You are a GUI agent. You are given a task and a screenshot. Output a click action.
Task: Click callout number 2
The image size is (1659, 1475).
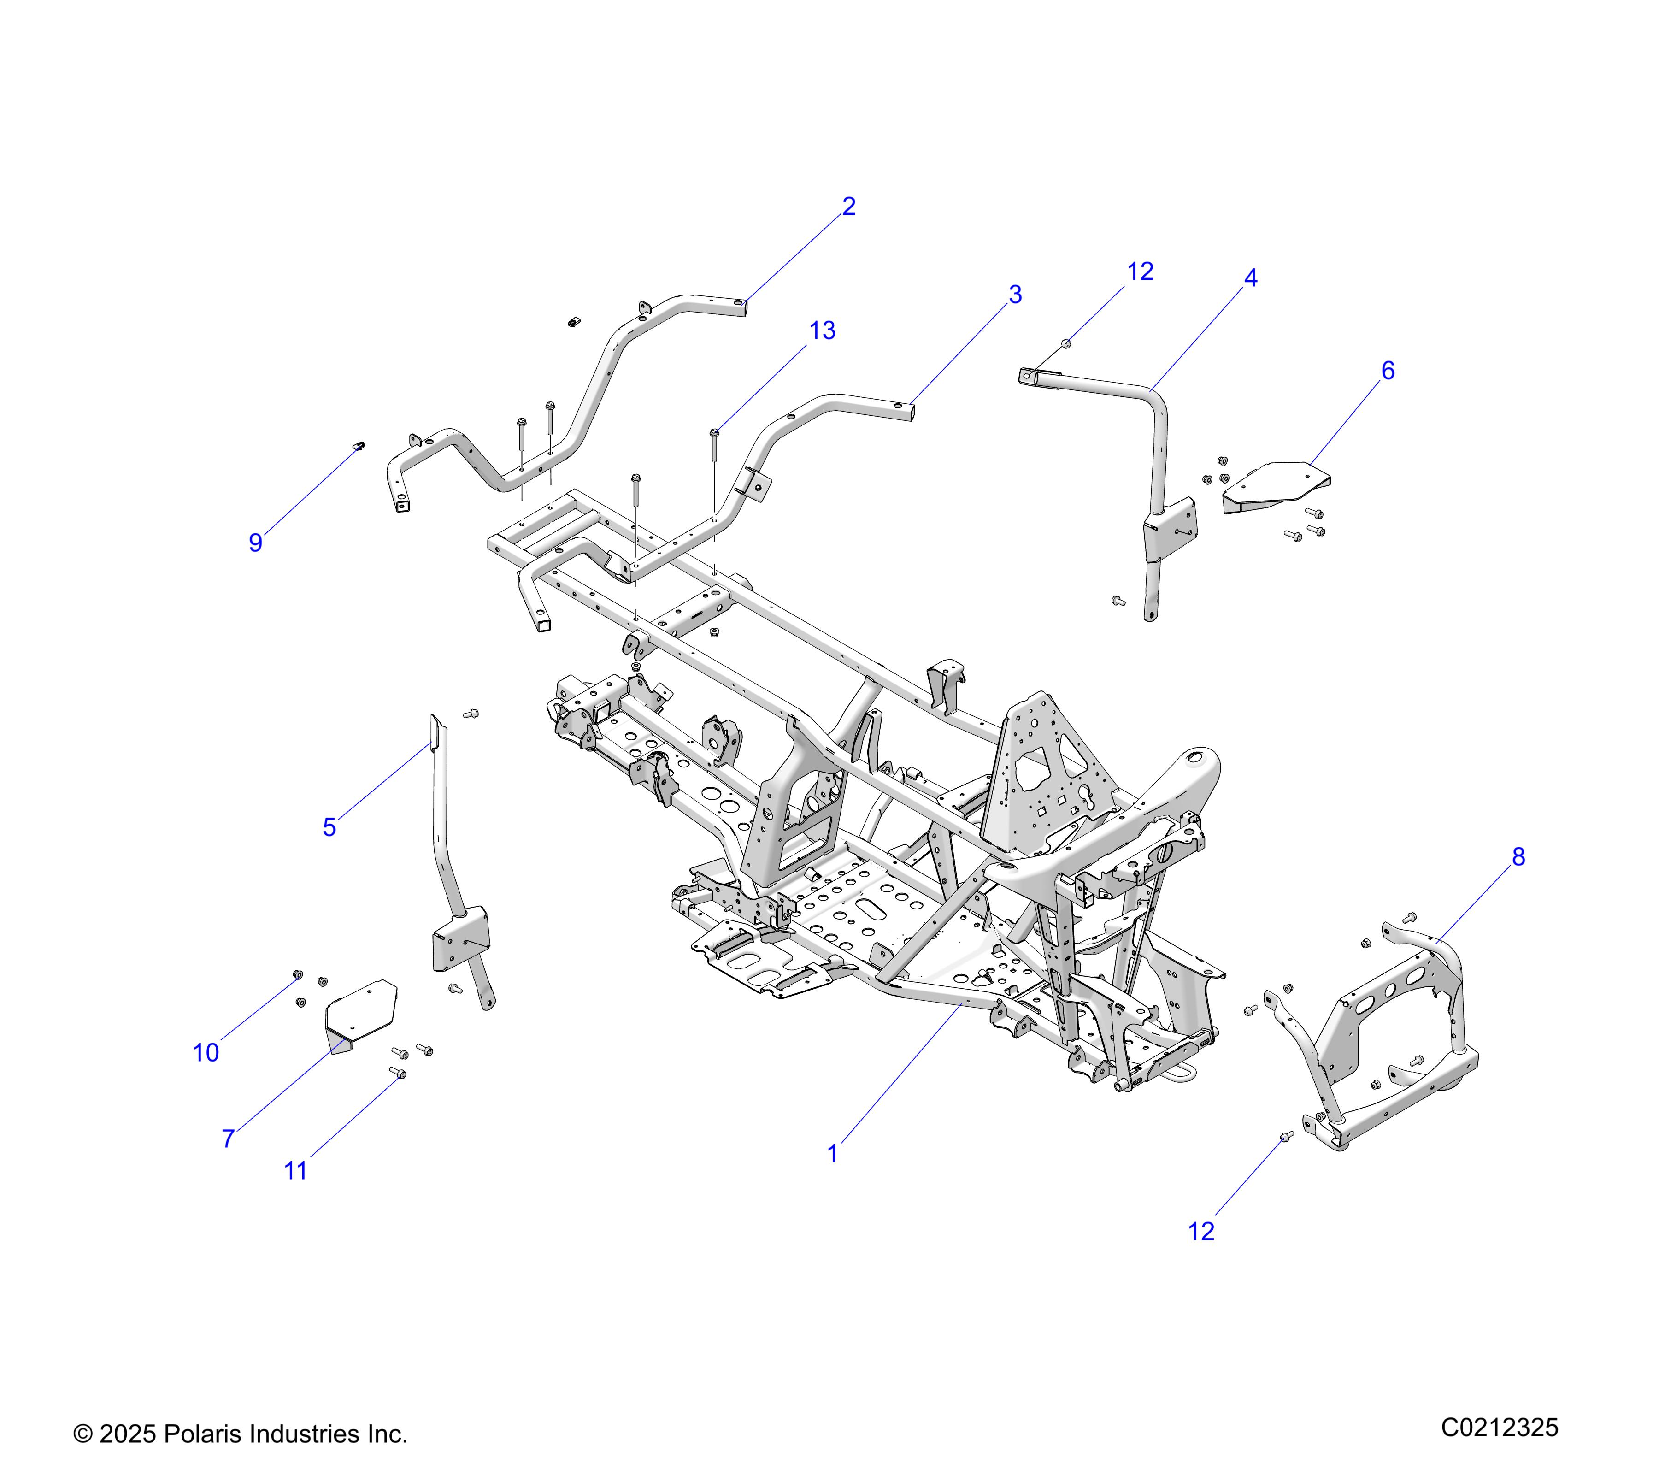tap(848, 206)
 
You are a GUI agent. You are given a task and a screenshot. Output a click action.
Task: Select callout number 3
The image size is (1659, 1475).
tap(1015, 295)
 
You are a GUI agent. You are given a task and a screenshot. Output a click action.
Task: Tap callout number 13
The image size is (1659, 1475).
tap(822, 330)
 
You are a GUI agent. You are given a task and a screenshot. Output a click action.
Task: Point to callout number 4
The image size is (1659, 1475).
tap(1251, 278)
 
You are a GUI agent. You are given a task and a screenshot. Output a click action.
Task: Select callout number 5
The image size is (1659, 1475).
tap(329, 827)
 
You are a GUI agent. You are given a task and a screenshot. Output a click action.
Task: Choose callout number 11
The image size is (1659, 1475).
tap(295, 1171)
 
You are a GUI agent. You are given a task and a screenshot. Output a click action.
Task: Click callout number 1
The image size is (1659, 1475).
tap(832, 1154)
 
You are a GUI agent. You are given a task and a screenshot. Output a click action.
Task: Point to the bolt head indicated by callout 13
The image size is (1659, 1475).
tap(714, 433)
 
